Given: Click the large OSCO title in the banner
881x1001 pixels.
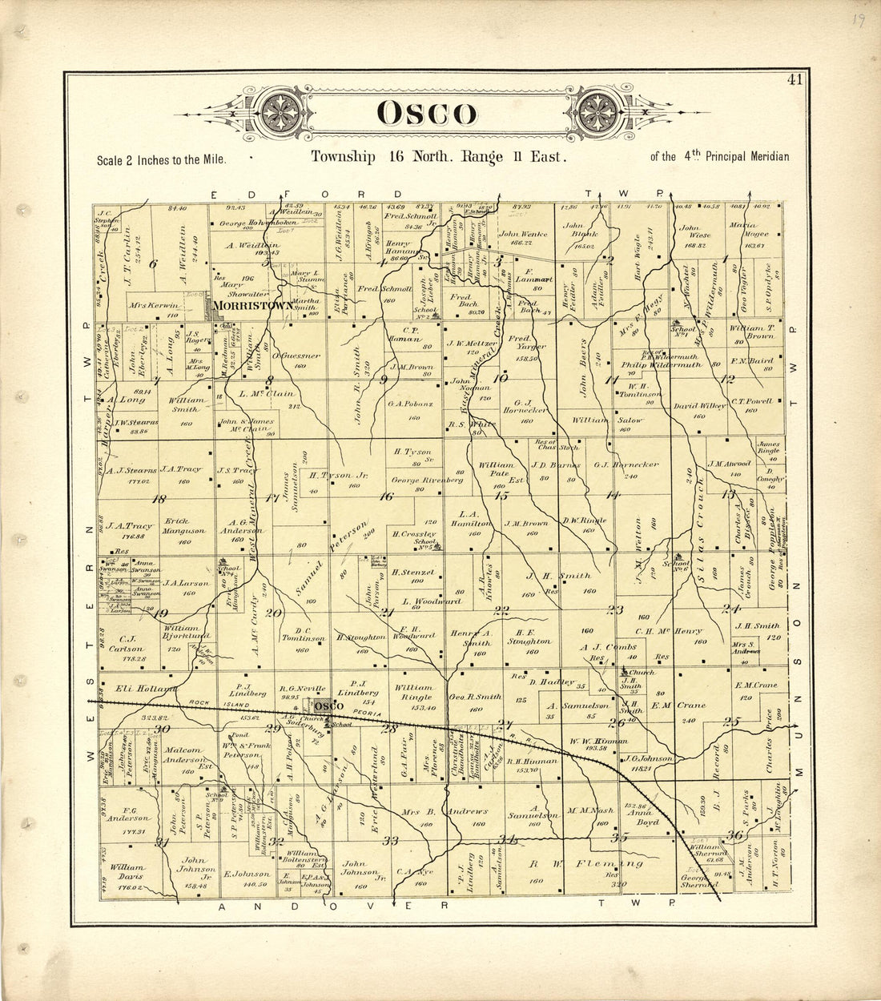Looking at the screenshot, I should coord(425,114).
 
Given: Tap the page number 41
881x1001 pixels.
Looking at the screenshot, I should coord(795,79).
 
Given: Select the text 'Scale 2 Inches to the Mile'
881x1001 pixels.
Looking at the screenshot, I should coord(161,159).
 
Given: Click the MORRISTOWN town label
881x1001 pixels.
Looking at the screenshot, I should coord(251,305).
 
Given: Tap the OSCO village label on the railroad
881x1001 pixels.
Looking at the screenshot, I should coord(327,706).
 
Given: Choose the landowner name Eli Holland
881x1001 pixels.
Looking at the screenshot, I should coord(146,689).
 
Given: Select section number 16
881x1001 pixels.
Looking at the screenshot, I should coord(387,496).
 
